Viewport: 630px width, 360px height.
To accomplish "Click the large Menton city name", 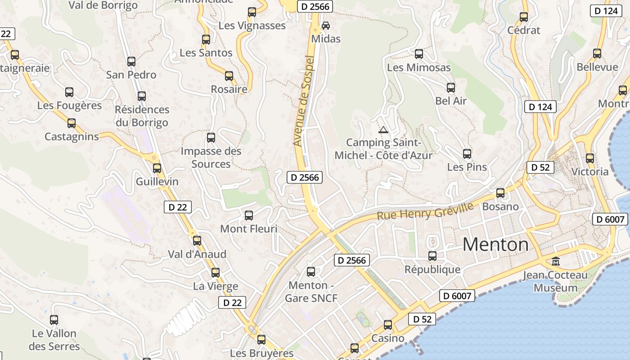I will click(x=495, y=244).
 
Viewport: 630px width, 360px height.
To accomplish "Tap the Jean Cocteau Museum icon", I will click(x=556, y=261).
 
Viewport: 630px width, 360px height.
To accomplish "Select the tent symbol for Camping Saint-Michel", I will click(x=383, y=130).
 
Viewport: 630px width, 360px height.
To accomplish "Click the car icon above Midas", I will click(x=326, y=26).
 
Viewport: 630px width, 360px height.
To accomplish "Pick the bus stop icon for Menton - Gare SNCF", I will click(x=311, y=272).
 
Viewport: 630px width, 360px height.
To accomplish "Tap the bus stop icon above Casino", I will click(x=388, y=325).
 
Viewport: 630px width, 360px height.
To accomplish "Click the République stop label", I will click(x=432, y=270).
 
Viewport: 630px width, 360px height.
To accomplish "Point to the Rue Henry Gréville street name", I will click(x=425, y=211).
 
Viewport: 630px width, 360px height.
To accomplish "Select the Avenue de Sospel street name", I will click(x=303, y=100).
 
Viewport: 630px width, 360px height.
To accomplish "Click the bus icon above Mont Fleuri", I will click(x=249, y=216).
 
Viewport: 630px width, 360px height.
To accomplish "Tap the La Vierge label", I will click(x=216, y=286).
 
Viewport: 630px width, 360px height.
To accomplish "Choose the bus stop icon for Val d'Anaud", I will click(x=197, y=241).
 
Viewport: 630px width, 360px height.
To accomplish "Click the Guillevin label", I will click(x=157, y=182).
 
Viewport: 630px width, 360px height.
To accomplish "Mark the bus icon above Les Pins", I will click(x=467, y=154).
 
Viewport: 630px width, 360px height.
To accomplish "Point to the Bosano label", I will click(x=500, y=207).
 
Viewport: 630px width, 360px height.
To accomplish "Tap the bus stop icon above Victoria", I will click(x=590, y=158).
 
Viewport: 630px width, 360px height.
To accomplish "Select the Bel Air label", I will click(x=451, y=101).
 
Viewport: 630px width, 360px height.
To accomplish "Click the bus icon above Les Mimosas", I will click(x=419, y=54).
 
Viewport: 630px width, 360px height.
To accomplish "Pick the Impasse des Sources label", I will click(x=211, y=157).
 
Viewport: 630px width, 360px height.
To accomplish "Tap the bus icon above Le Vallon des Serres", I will click(x=54, y=320).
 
